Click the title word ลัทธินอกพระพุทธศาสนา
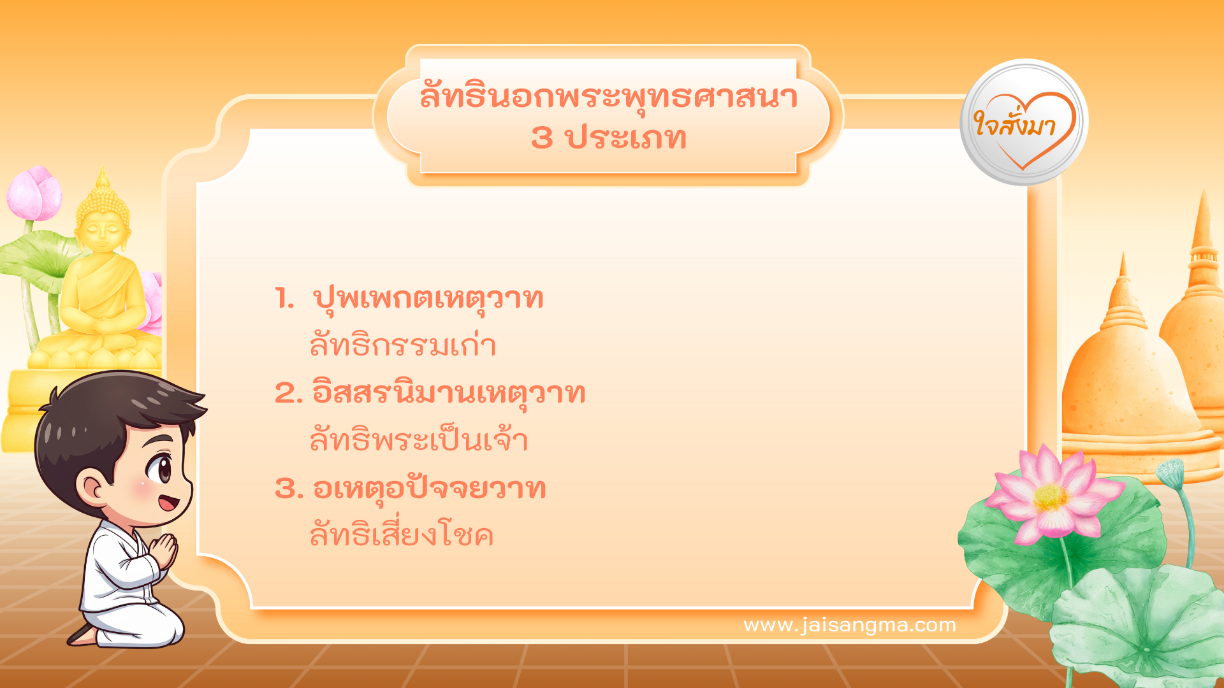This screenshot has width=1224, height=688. click(608, 97)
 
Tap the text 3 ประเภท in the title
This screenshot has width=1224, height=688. click(608, 138)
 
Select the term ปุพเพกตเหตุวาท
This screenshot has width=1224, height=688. click(428, 298)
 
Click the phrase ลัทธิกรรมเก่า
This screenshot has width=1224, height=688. click(403, 345)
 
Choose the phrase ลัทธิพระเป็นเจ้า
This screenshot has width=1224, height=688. click(419, 440)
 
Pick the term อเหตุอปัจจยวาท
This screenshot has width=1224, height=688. click(429, 489)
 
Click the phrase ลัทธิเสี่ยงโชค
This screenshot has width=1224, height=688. click(402, 535)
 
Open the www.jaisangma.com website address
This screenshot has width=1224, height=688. click(850, 625)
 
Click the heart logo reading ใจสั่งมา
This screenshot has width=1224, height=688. click(1024, 122)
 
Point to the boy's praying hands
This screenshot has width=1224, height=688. click(164, 550)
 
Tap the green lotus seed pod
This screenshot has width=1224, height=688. click(1170, 472)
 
